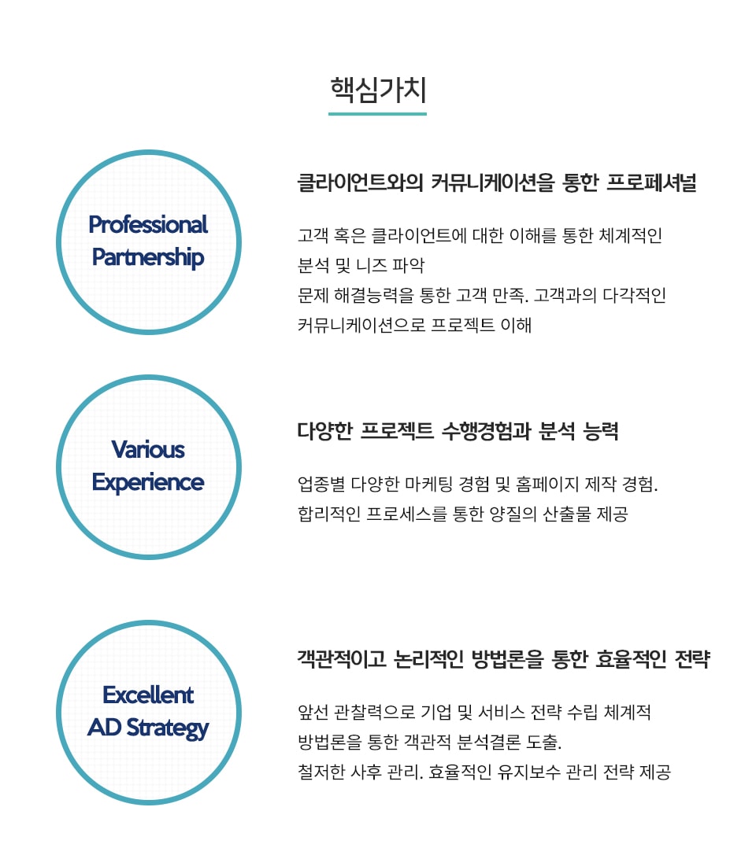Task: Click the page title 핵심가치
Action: (x=378, y=90)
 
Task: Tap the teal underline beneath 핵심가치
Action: (x=378, y=113)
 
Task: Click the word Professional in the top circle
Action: (x=148, y=225)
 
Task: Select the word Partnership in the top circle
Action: (x=148, y=258)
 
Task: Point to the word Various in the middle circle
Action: (x=148, y=450)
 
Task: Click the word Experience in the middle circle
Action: (x=148, y=483)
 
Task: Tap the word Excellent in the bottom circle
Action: (x=148, y=695)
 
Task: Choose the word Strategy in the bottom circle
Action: (x=168, y=728)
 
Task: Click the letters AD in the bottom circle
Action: (x=104, y=728)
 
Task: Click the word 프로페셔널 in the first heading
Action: (x=651, y=183)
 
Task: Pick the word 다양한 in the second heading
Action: (x=325, y=431)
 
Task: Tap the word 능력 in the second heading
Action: (x=601, y=431)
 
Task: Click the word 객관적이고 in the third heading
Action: (x=342, y=659)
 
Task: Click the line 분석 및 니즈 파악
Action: (x=361, y=265)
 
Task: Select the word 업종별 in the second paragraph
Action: (x=321, y=484)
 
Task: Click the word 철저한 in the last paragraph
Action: (x=321, y=772)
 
